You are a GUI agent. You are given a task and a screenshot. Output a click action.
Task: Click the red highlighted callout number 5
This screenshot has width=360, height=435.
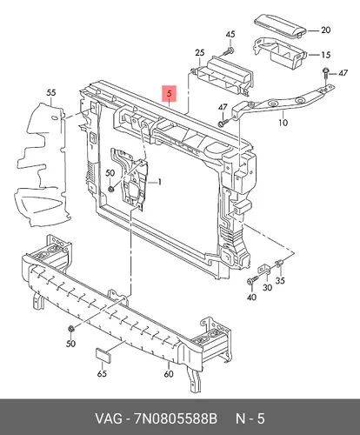170,93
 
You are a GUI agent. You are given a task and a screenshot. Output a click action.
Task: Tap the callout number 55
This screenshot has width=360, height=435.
51,93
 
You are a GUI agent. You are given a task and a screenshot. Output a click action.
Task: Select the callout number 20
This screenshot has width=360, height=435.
325,30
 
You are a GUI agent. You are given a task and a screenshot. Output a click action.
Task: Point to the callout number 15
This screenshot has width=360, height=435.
325,55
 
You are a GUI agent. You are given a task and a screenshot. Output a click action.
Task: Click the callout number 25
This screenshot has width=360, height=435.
199,53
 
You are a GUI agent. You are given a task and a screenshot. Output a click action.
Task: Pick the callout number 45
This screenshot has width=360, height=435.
230,34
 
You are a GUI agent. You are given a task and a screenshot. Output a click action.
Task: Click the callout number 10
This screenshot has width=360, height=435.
283,123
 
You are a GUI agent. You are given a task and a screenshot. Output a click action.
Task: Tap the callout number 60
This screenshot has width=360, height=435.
169,374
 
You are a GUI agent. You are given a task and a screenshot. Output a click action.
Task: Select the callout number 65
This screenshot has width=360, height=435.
102,373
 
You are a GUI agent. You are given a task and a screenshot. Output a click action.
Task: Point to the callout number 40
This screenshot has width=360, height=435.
251,297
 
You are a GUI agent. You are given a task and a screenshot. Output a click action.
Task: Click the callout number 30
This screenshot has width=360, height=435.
267,287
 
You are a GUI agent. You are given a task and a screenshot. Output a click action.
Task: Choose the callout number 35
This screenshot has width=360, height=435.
280,281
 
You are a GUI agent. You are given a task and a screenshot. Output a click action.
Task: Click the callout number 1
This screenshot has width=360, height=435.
159,182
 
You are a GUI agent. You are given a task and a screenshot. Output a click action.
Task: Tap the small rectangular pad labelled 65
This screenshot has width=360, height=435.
102,356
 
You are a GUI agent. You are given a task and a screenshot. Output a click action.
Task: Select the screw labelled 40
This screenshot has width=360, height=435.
252,280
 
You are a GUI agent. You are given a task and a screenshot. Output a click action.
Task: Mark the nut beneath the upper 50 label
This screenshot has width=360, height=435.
110,189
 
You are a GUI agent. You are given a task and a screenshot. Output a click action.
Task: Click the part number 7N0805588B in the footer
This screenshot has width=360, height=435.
175,419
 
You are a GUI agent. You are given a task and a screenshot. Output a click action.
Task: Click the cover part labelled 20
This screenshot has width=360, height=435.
280,26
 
